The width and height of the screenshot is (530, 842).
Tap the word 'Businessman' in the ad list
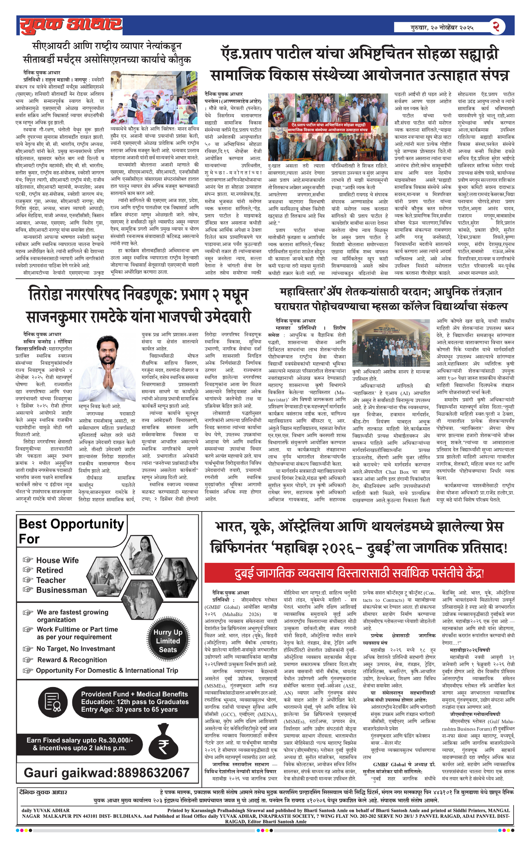pyautogui.click(x=61, y=590)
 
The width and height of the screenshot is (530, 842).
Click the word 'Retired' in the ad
pyautogui.click(x=50, y=570)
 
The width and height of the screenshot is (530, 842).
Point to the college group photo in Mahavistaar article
pyautogui.click(x=391, y=343)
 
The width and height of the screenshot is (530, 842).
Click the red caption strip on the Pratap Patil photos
pyautogui.click(x=328, y=127)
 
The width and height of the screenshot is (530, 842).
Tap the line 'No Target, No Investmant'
pyautogui.click(x=75, y=649)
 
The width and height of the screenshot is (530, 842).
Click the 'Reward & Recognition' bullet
pyautogui.click(x=72, y=660)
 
